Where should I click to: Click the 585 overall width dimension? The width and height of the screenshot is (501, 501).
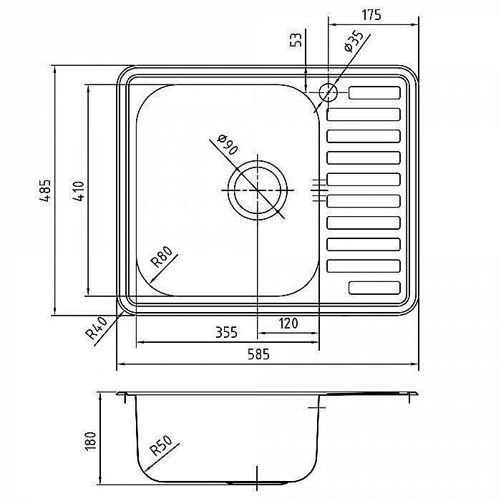pos(258,354)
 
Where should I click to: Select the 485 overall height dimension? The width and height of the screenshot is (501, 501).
pos(47,190)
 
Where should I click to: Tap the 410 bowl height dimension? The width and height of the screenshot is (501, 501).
pos(79,191)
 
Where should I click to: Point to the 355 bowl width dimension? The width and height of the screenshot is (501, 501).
pos(227,332)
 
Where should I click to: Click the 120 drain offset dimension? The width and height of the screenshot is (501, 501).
pos(288,324)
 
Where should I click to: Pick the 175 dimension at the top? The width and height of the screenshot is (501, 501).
pos(371,15)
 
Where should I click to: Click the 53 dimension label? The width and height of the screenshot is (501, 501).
pos(296,39)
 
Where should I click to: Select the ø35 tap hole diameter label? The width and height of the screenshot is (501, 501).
pos(354,41)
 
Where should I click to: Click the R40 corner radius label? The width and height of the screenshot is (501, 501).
pos(96,328)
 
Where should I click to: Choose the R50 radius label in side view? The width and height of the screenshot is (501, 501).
pos(161,446)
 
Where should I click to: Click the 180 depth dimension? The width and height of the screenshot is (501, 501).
pos(91,442)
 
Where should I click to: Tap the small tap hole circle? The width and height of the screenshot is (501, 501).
pos(328,92)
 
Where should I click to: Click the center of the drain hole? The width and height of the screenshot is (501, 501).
pos(258,190)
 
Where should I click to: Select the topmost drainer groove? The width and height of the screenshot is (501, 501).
pos(374,92)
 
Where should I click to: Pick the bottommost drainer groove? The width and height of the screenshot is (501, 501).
pos(374,288)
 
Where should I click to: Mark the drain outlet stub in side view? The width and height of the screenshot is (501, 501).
pos(256,483)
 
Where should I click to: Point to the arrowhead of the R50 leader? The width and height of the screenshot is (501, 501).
pos(146,470)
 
